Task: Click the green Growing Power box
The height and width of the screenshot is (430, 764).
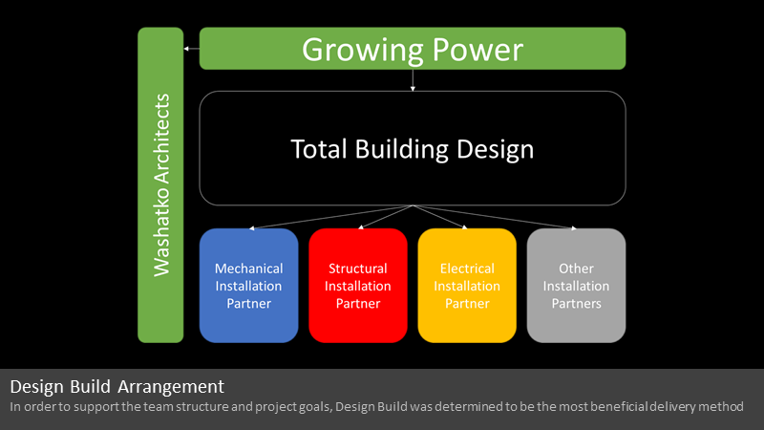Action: pos(413,49)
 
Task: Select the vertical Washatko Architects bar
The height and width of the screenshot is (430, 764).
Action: pos(160,184)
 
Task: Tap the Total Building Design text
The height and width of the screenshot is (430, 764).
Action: pos(413,149)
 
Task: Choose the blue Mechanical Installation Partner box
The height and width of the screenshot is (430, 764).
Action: pos(248,285)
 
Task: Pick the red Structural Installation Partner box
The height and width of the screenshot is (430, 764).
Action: pos(357,285)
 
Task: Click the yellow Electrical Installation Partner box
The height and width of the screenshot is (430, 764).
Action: pos(467,285)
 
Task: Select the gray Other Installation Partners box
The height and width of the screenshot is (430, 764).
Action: pos(576,285)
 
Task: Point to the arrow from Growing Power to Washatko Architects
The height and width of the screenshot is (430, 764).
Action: pos(192,49)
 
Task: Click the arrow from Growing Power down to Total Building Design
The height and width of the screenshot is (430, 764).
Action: pos(413,80)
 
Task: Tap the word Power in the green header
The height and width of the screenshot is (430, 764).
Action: pos(477,50)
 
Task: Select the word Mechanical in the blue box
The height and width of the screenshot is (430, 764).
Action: pos(248,269)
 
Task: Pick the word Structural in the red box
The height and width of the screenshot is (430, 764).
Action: pos(357,269)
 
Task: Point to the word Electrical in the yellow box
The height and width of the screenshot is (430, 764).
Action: pos(467,269)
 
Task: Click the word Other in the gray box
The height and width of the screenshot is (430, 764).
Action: pos(576,269)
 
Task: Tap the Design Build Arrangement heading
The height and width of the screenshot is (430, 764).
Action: pos(117,387)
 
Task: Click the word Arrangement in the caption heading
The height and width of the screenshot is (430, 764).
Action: pos(171,387)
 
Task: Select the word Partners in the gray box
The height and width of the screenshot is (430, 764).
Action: pos(576,303)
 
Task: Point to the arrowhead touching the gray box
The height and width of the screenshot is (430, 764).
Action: pos(574,227)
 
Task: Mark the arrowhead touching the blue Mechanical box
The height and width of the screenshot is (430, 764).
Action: pos(251,227)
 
